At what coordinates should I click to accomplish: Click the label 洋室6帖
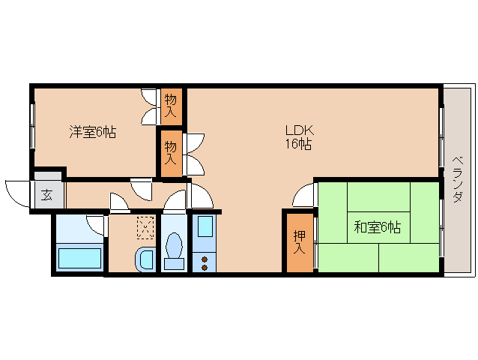(92, 132)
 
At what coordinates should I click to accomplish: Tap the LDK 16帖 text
(298, 137)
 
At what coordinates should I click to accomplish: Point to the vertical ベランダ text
(457, 180)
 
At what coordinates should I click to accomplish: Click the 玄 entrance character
(46, 196)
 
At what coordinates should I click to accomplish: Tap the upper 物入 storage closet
(171, 106)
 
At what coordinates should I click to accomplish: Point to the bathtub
(79, 258)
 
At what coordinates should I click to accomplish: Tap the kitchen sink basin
(204, 229)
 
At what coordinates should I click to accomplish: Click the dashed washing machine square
(145, 226)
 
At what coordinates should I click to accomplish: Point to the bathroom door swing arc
(96, 223)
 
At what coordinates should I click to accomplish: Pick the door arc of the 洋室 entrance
(141, 187)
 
